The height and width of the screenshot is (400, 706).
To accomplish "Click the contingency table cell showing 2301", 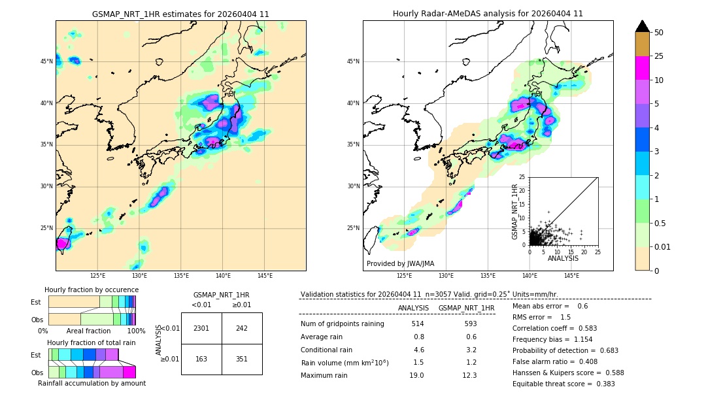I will pos(201,328).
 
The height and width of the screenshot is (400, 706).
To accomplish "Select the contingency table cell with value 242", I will pos(242,328).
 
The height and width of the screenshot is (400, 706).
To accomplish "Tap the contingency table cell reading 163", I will pos(201,358).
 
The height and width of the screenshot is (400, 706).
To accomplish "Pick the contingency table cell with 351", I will pos(242,358).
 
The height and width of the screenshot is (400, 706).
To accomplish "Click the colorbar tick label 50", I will pos(659,33).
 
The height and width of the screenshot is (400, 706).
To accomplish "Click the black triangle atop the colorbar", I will pos(643,26).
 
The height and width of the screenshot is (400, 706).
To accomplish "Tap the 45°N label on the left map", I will pos(46,61).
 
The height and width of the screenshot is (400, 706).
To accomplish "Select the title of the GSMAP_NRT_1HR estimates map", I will pos(180,14).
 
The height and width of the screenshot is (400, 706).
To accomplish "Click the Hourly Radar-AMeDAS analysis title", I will pos(488,14).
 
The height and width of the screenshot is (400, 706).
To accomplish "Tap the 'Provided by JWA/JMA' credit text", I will pos(400,264).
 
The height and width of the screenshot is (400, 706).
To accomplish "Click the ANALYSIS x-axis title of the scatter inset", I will pos(563,258).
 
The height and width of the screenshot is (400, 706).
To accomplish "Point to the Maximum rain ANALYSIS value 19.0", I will pos(417,375).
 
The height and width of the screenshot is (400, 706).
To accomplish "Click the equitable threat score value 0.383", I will pos(602,384).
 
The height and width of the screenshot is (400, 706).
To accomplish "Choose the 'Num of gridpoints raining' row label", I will pos(343,324).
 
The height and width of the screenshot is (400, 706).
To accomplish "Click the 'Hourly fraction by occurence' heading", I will pos(92,290).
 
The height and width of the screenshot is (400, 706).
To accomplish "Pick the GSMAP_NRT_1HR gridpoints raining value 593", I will pos(467,324).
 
